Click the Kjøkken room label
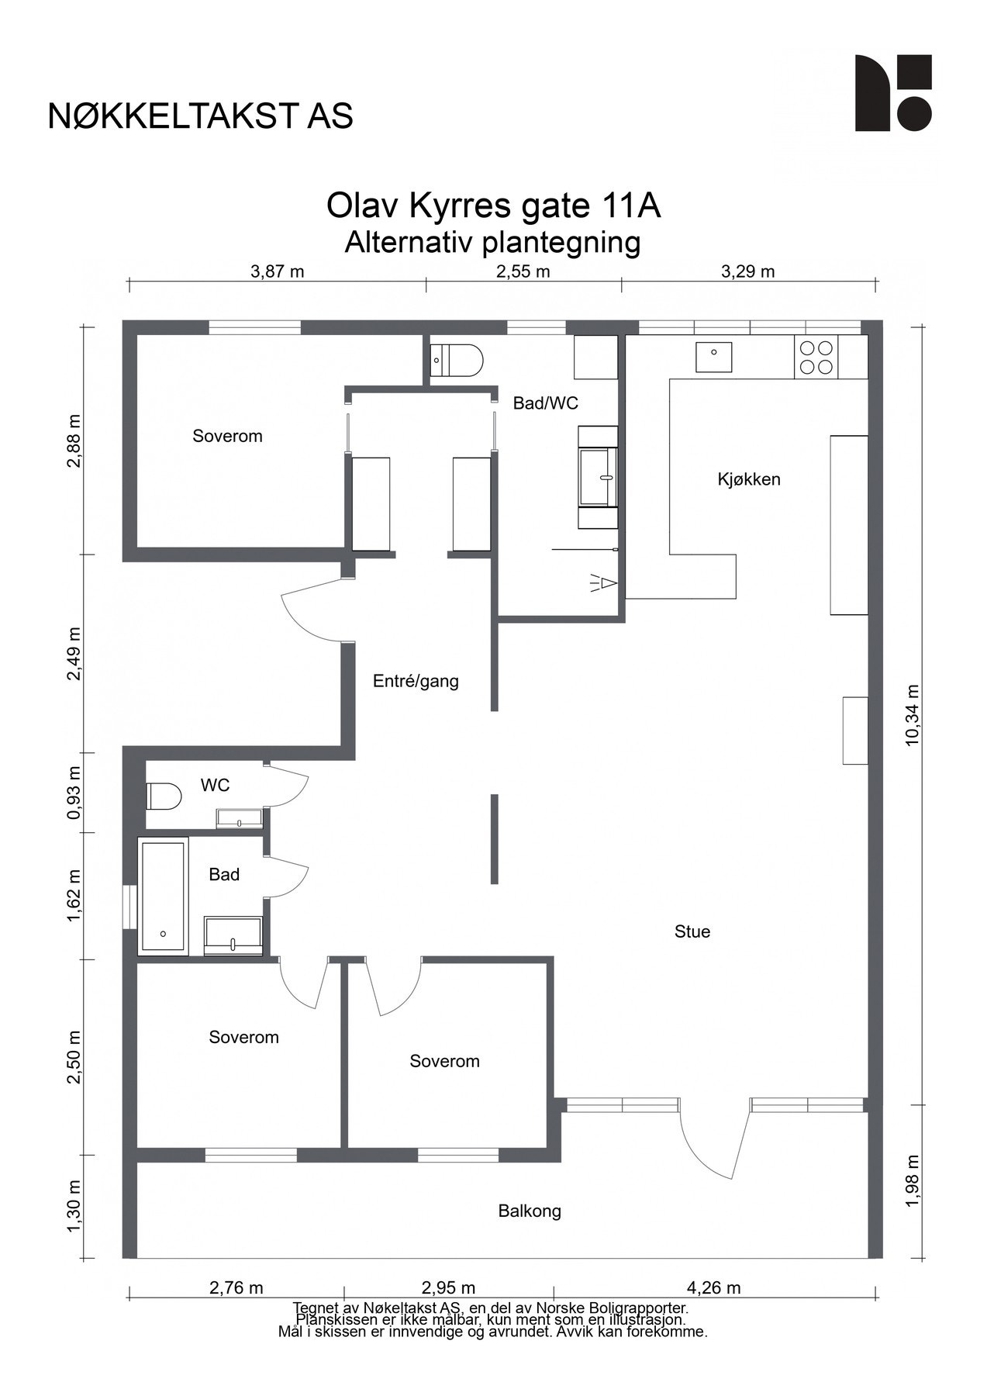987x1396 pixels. click(x=748, y=479)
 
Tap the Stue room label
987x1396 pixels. click(x=692, y=931)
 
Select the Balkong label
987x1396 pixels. click(x=530, y=1211)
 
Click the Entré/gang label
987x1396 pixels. click(x=416, y=681)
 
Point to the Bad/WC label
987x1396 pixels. click(x=545, y=403)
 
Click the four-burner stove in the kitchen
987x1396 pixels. click(x=816, y=358)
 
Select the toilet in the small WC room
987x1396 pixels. click(x=164, y=796)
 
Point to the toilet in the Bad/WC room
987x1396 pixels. click(x=457, y=360)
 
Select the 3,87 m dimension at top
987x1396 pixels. click(x=277, y=271)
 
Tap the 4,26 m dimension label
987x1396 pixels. click(x=713, y=1288)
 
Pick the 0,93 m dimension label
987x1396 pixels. click(x=74, y=793)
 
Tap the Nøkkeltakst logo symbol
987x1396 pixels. click(x=892, y=93)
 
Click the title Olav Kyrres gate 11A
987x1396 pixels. click(x=493, y=206)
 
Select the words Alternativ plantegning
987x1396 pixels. click(x=493, y=243)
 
